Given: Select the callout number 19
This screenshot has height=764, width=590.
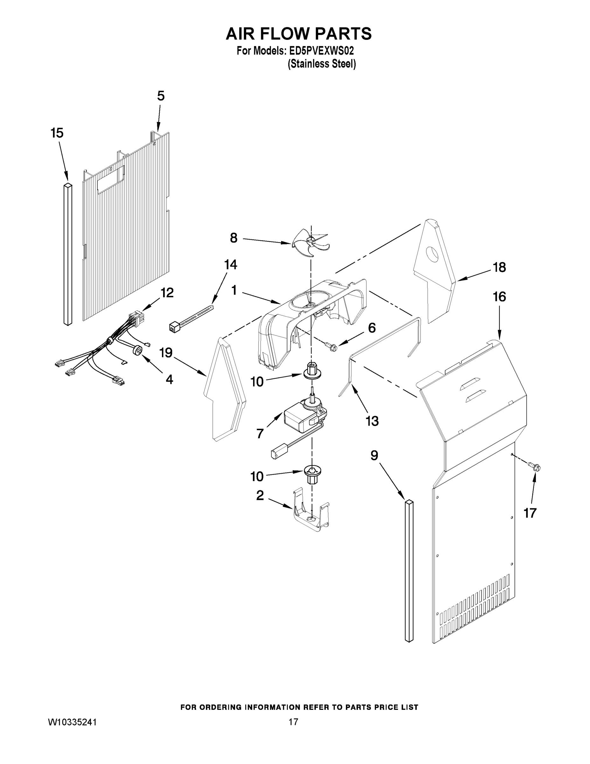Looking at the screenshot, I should pos(166,353).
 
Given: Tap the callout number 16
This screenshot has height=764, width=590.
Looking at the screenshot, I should pos(499,297).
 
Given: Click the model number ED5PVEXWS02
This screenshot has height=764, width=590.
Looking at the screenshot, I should pos(321,51).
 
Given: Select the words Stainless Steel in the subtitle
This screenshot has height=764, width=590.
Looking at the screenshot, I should pos(322,64).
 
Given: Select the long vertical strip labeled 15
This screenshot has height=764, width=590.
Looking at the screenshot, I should pos(68,254).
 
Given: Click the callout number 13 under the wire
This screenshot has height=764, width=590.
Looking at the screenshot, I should pos(372,421).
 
